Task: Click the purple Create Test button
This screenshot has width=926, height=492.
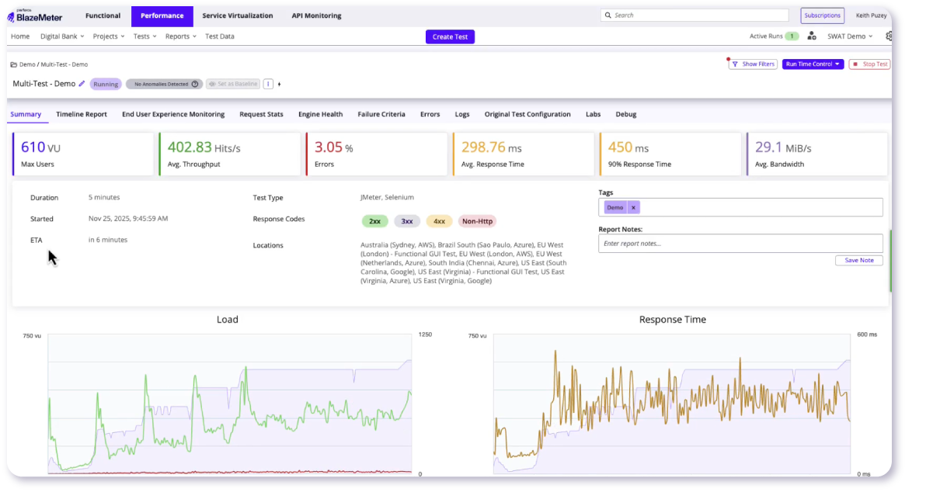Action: tap(450, 36)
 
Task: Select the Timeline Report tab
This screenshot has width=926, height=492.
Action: tap(82, 114)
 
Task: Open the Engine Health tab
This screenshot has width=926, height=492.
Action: tap(320, 114)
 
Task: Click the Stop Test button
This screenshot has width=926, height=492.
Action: tap(869, 64)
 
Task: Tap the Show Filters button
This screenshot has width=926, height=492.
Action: tap(753, 64)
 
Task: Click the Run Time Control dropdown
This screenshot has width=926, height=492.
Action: tap(813, 64)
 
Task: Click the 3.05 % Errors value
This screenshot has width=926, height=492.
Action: tap(334, 147)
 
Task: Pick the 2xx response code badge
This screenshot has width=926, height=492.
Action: tap(374, 221)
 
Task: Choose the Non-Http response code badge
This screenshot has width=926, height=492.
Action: tap(477, 221)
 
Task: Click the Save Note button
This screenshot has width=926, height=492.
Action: tap(859, 261)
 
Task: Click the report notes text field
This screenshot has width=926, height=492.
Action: tap(740, 244)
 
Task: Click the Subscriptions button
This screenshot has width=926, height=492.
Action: tap(822, 16)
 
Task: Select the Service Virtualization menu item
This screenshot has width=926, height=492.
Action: tap(238, 16)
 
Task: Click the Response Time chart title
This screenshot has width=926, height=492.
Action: tap(673, 320)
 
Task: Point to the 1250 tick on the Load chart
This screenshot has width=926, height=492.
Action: tap(425, 334)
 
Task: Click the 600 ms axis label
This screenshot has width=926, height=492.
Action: tap(867, 334)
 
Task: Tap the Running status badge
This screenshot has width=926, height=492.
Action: tap(106, 84)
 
